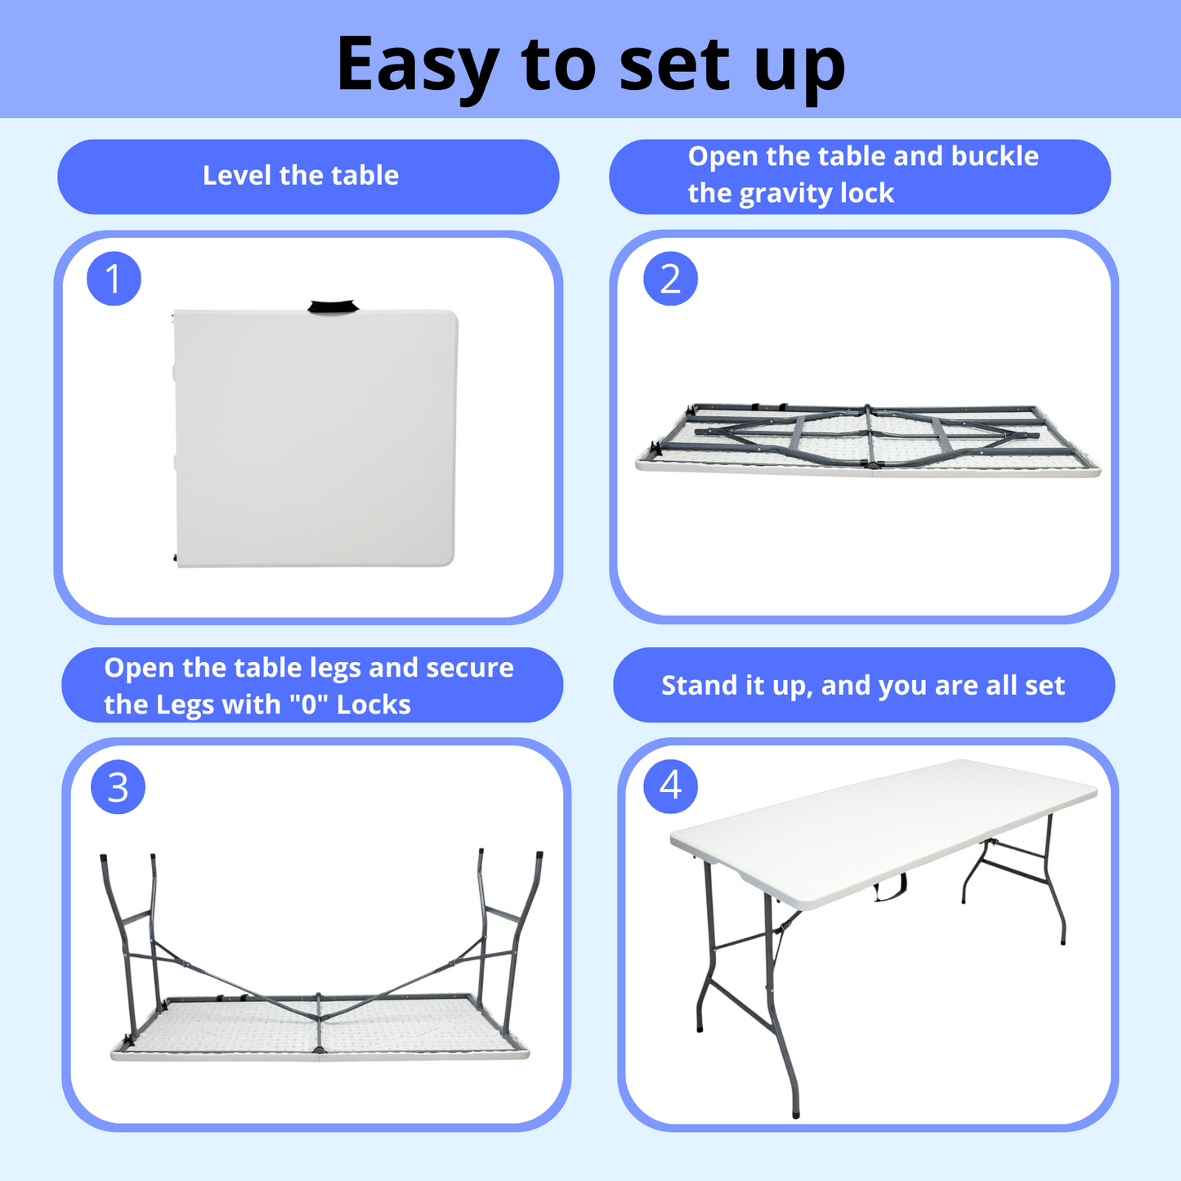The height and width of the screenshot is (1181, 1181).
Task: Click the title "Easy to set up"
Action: [590, 64]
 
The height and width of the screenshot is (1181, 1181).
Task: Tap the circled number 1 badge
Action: [114, 279]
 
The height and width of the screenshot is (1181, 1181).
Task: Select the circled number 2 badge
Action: [670, 279]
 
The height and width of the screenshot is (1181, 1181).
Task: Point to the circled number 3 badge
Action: [118, 787]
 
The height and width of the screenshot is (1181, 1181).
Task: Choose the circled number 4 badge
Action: [670, 785]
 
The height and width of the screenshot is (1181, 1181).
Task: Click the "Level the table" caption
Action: [300, 176]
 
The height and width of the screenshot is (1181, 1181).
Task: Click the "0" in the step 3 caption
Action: [308, 705]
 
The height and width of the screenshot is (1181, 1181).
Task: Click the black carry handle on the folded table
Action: [333, 307]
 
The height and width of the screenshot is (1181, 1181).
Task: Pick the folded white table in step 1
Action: [315, 437]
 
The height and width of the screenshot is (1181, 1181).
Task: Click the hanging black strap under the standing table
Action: [890, 888]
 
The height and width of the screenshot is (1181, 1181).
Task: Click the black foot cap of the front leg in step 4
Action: [796, 1113]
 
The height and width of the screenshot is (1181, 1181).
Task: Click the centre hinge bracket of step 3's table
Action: [319, 1022]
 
